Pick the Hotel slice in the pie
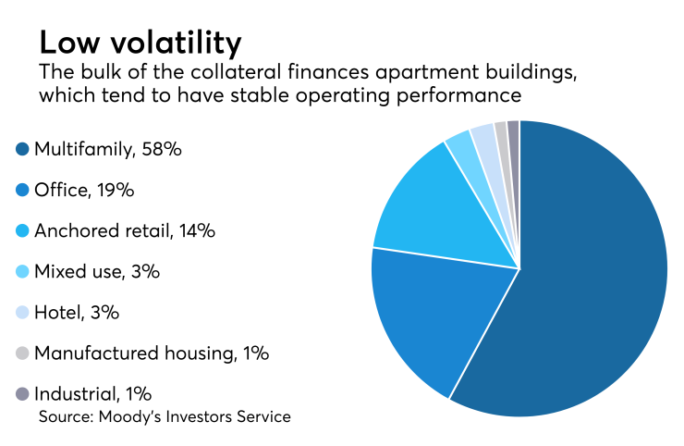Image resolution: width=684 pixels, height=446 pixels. [483, 139]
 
